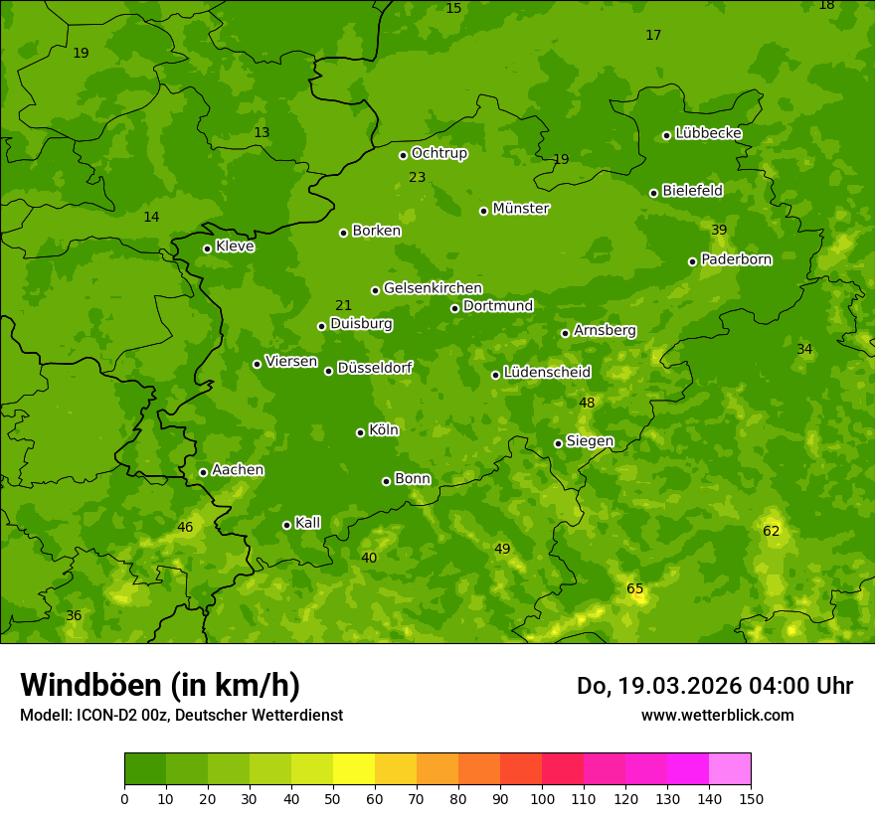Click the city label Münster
(520, 209)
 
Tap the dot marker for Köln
(360, 432)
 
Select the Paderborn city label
(736, 259)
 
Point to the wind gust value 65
(635, 589)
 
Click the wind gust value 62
(772, 532)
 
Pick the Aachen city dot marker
(203, 472)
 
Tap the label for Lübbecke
(708, 133)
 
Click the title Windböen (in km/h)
(160, 685)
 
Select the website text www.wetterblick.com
(717, 715)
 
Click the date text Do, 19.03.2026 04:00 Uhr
(714, 686)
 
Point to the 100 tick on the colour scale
(542, 798)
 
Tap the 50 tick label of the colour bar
(333, 798)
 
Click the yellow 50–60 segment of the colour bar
(354, 769)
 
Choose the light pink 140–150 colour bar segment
(730, 769)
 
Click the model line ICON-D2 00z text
(181, 715)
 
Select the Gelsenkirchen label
(433, 288)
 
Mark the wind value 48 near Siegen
(587, 403)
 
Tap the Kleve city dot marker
(207, 248)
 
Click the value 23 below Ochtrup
(417, 178)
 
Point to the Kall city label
(307, 523)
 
